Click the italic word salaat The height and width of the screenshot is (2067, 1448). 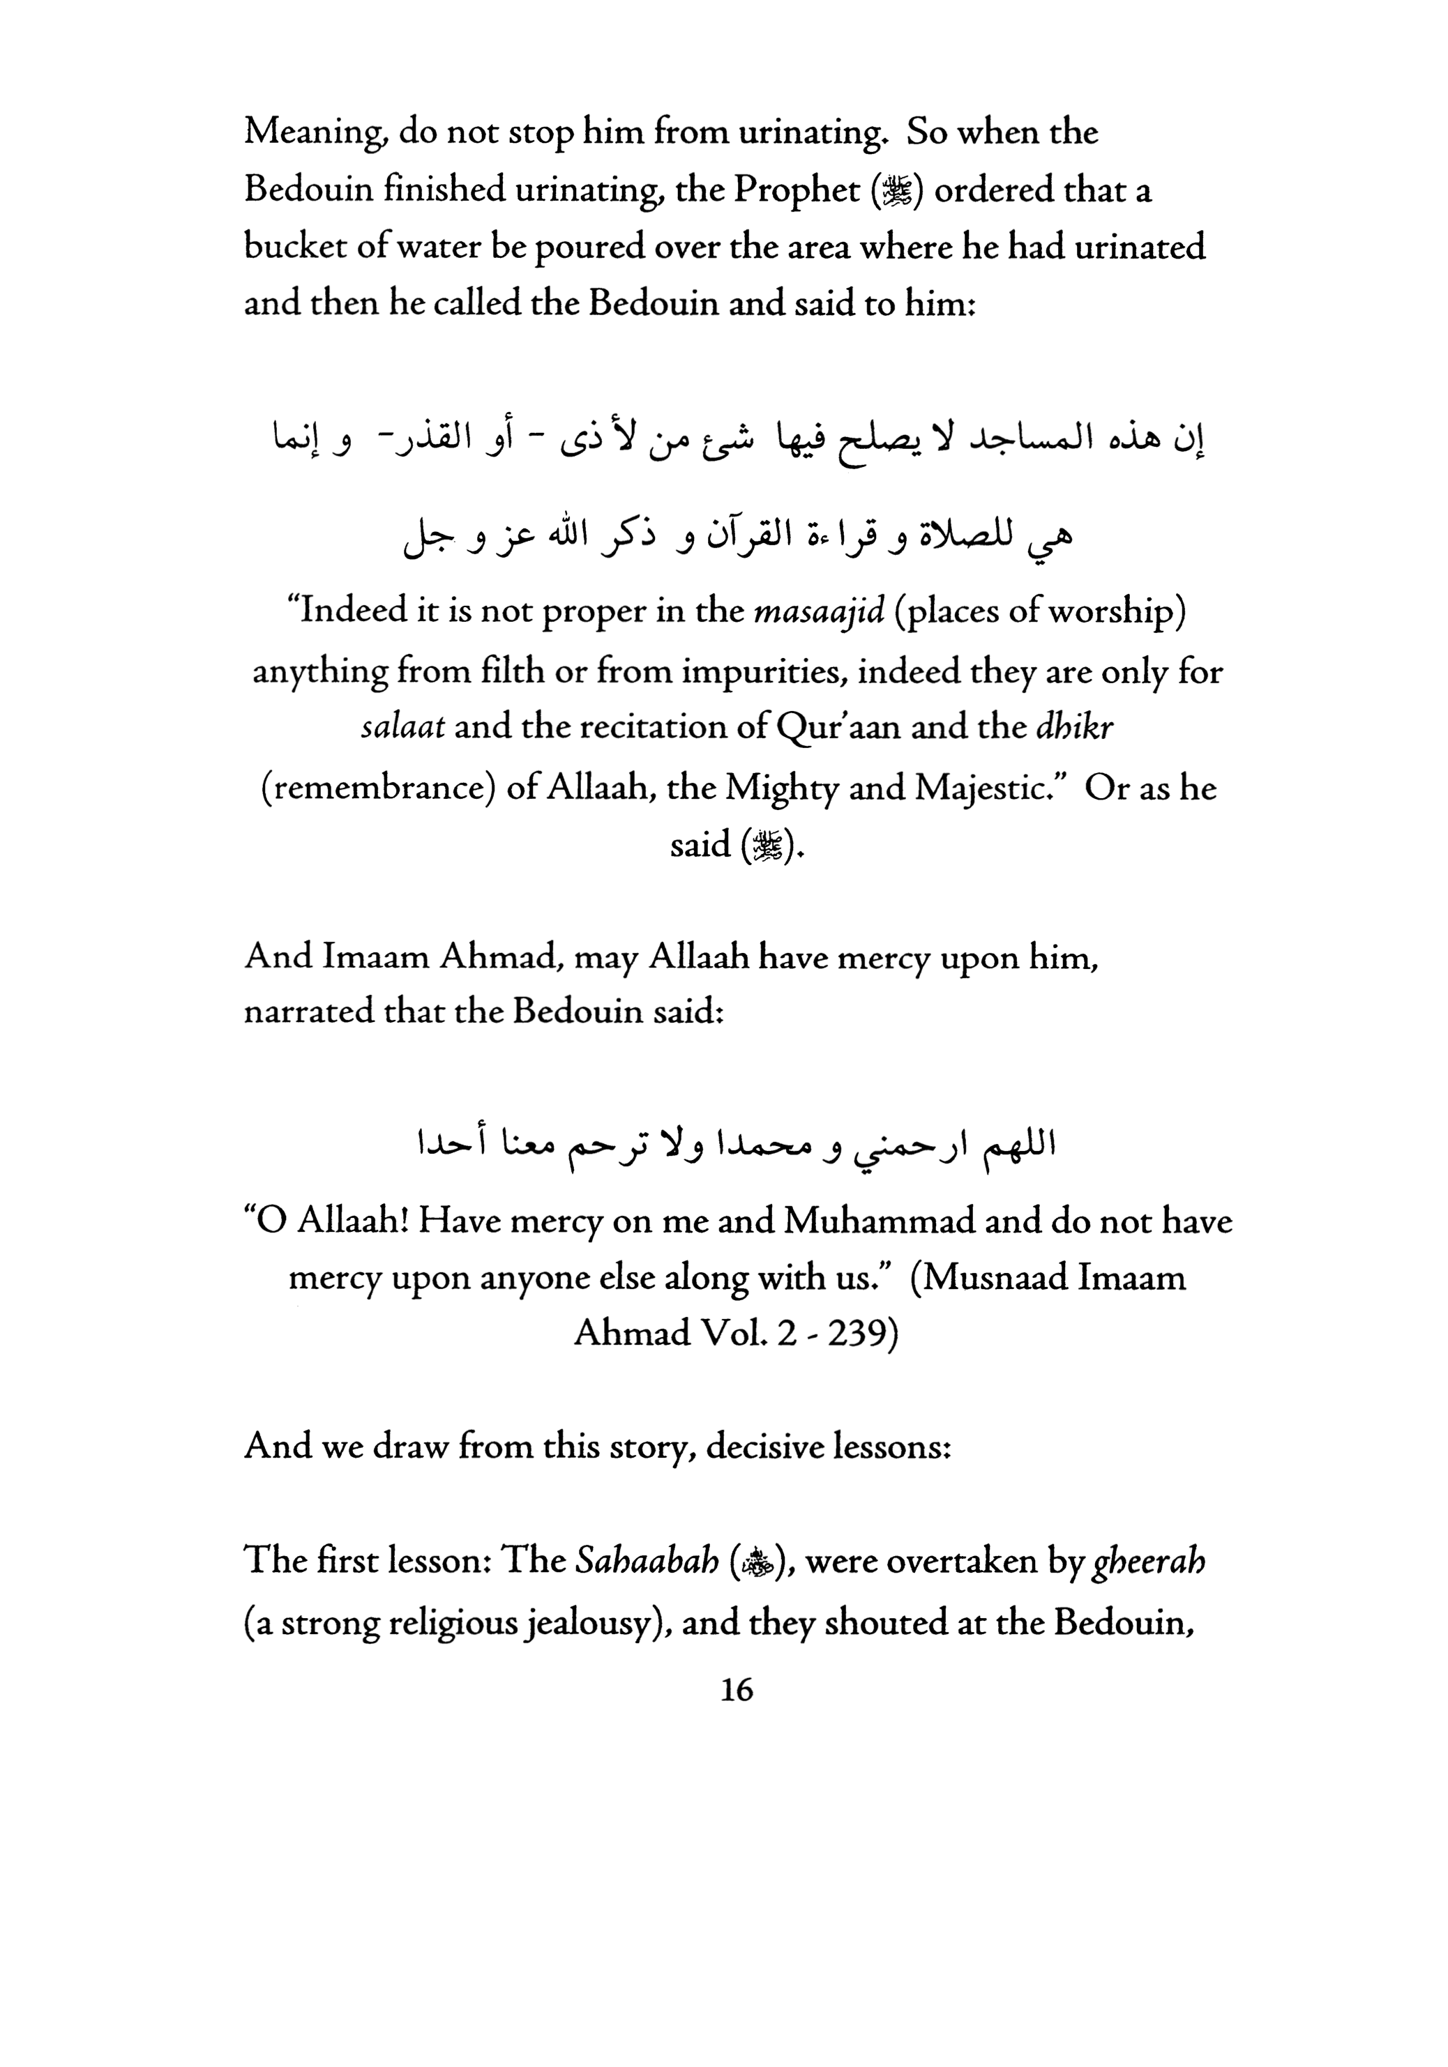(x=402, y=727)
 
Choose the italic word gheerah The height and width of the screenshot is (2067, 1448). (x=1149, y=1562)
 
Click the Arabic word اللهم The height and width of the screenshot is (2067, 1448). (x=1015, y=1149)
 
